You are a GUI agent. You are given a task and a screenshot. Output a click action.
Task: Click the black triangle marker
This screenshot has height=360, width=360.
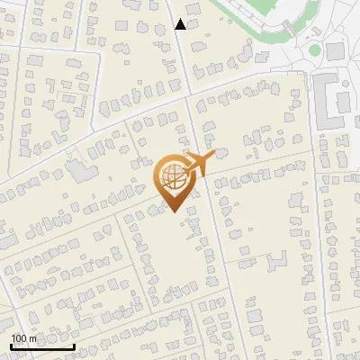[x=181, y=24]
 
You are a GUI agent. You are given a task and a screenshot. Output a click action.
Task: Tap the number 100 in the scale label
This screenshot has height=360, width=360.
[x=19, y=338]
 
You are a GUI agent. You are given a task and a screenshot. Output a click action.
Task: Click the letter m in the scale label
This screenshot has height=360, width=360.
[x=33, y=338]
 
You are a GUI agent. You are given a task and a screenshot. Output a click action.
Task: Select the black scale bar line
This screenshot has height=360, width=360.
[x=42, y=346]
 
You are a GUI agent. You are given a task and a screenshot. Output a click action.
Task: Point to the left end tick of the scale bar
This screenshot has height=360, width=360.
[x=11, y=345]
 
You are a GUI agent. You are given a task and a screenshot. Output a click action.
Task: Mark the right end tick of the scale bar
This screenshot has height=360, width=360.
[x=74, y=345]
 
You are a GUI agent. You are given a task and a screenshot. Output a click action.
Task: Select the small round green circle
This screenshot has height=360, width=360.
[x=315, y=50]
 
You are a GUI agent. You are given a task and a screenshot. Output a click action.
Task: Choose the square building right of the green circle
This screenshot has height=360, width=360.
[x=336, y=51]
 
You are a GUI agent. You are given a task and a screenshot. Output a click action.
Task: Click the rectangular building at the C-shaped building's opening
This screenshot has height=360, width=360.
[x=345, y=100]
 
